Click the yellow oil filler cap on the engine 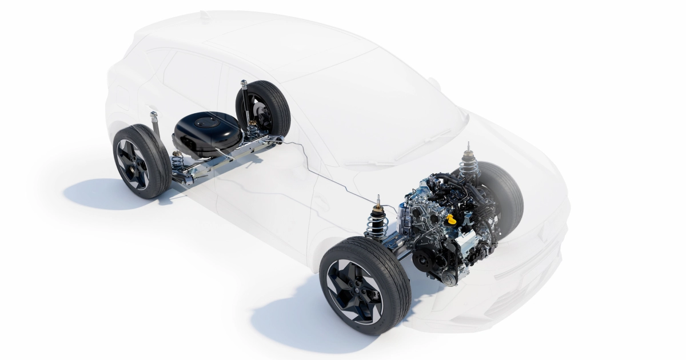pos(452,219)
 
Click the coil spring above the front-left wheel pos(378,222)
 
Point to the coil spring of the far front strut pos(469,166)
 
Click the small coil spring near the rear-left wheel pos(178,163)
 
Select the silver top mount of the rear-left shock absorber pos(154,116)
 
